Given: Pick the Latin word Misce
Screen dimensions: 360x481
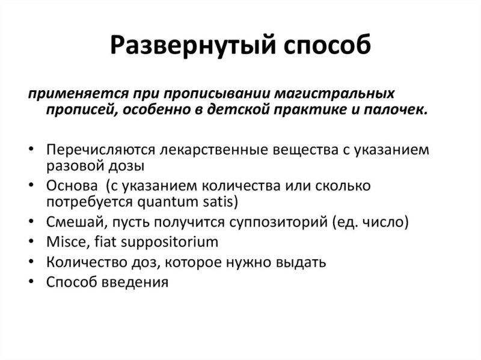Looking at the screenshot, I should point(63,242).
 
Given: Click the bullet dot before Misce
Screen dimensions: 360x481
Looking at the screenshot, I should point(31,242).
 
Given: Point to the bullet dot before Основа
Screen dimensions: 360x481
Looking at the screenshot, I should point(31,184).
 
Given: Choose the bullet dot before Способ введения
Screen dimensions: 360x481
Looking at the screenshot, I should point(31,281).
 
